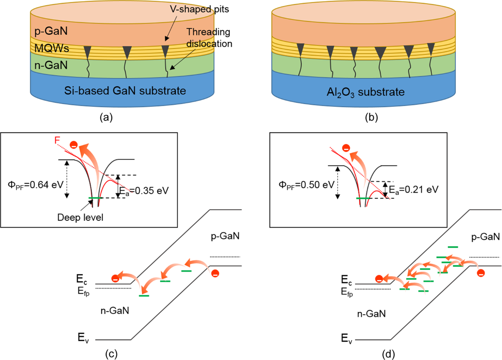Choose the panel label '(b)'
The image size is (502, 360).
(371, 118)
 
